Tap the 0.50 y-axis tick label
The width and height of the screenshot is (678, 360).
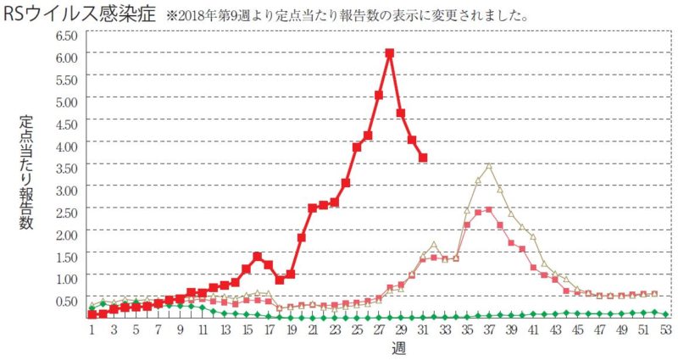point(66,300)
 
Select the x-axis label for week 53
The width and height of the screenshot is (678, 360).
point(666,329)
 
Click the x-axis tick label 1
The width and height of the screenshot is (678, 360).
point(92,329)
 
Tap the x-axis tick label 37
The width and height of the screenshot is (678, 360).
point(489,329)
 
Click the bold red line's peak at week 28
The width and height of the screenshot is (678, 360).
point(390,53)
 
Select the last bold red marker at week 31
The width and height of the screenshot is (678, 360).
point(423,158)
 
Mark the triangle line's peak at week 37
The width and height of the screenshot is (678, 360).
point(489,165)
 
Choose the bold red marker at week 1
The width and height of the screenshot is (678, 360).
point(92,315)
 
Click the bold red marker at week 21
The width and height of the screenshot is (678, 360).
point(313,208)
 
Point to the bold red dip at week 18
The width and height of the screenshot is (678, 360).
point(280,279)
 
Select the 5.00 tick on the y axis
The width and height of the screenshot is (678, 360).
point(66,100)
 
